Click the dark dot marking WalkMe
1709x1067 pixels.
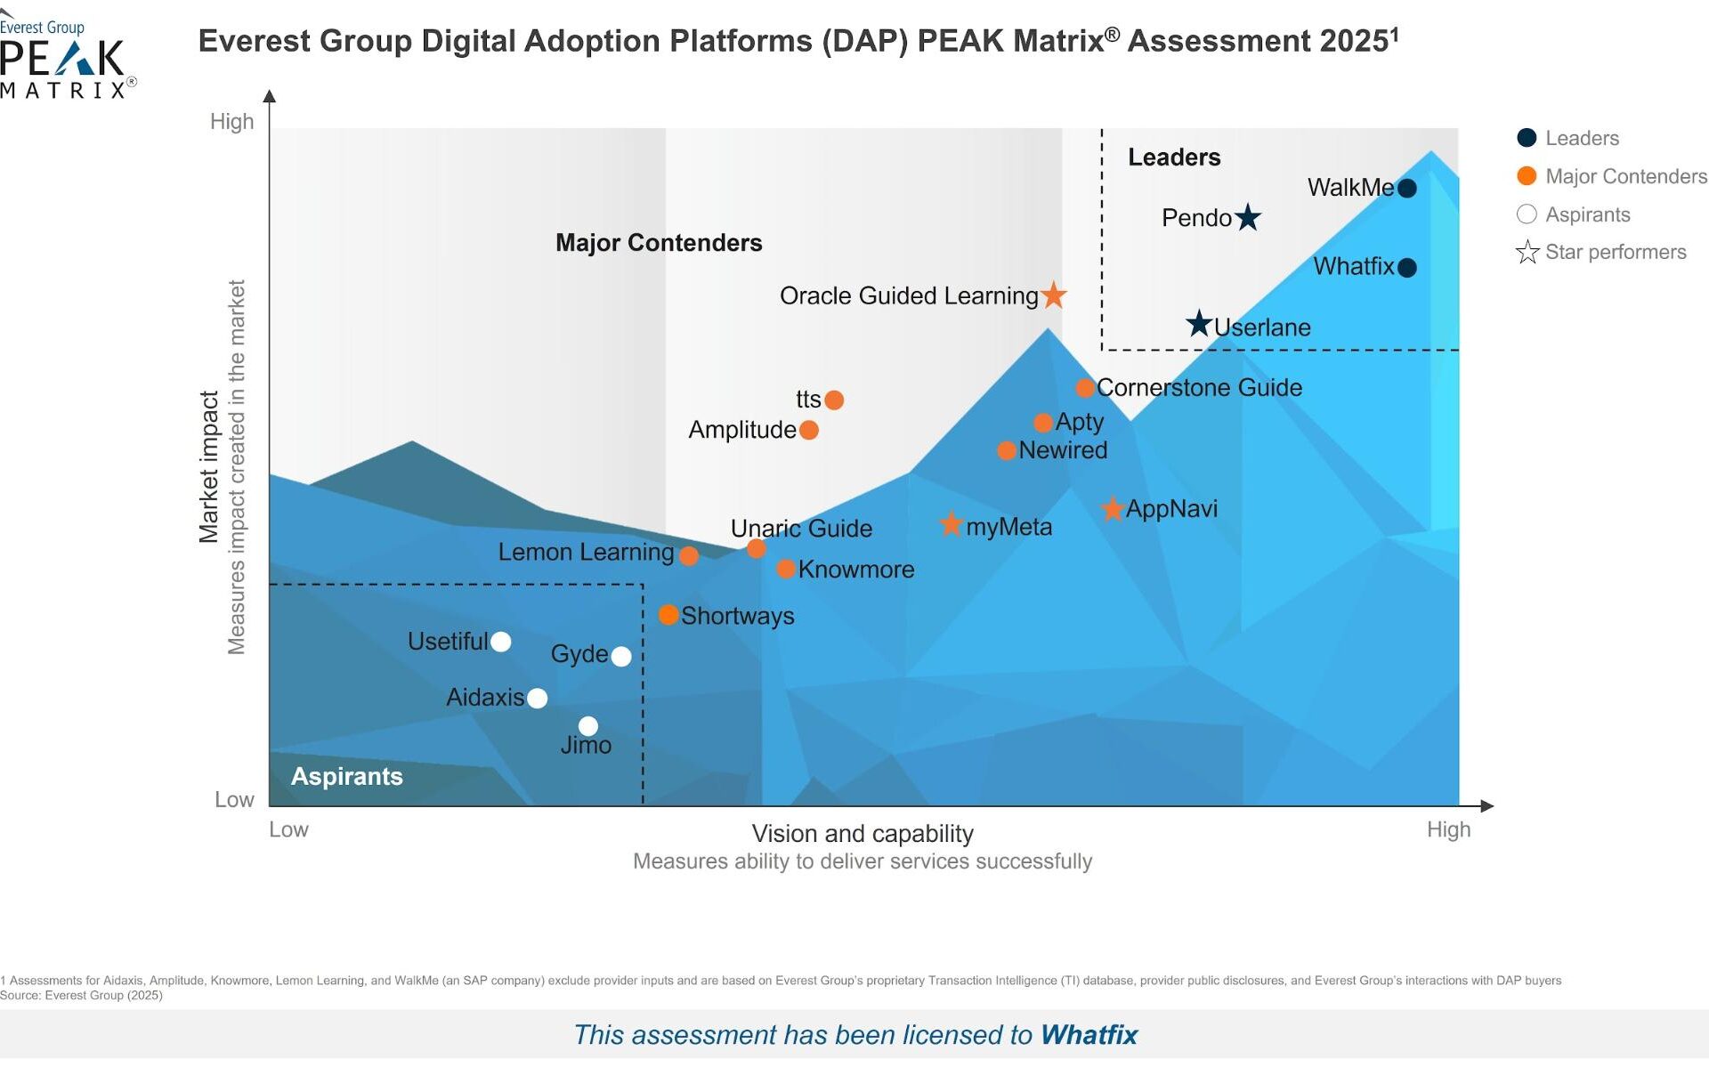tap(1406, 188)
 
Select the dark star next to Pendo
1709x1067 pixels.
tap(1248, 217)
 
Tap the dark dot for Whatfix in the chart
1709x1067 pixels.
tap(1406, 267)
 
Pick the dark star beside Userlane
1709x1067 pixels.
tap(1199, 324)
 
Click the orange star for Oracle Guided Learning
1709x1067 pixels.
tap(1054, 295)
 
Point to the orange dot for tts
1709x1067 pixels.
tap(834, 400)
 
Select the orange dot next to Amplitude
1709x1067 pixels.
tap(809, 430)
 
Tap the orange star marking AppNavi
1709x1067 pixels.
tap(1112, 509)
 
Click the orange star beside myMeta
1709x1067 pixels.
tap(952, 524)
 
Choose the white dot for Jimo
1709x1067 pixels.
tap(588, 726)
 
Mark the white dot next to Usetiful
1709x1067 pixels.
tap(501, 642)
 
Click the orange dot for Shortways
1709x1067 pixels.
tap(668, 615)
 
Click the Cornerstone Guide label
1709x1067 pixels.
tap(1199, 387)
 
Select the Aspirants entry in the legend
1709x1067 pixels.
tap(1587, 214)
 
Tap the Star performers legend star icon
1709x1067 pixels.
tap(1527, 252)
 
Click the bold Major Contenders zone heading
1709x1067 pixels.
tap(659, 243)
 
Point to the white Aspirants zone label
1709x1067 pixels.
tap(347, 776)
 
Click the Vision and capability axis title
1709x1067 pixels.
tap(863, 833)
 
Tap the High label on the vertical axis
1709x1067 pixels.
tap(231, 121)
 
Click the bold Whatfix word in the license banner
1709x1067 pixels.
tap(1089, 1034)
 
